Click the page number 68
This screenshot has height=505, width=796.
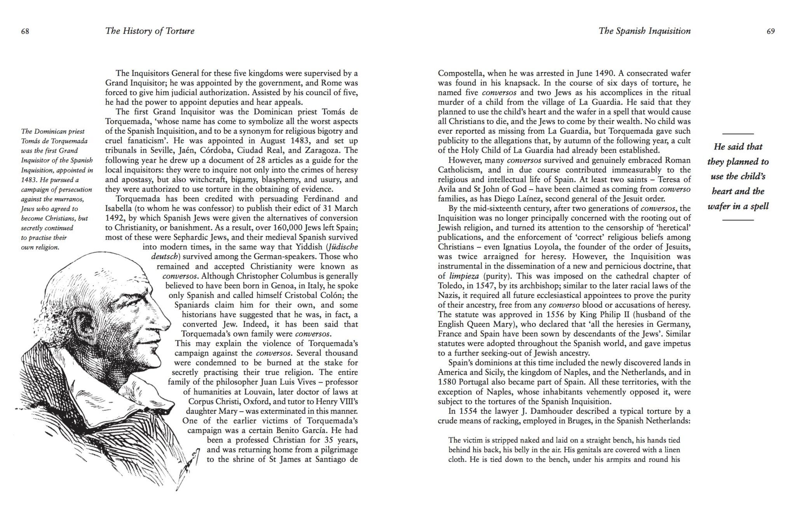(x=25, y=31)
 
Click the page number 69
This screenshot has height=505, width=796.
(x=771, y=31)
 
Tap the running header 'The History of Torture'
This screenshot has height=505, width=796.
(x=150, y=31)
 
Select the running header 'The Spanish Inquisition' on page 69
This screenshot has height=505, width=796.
(x=645, y=31)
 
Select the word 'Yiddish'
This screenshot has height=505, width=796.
(x=309, y=247)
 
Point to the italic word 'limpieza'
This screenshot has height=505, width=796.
(x=464, y=276)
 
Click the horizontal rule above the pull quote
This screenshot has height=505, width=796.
(x=738, y=134)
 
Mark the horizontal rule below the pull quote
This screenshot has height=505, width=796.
(x=738, y=220)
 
